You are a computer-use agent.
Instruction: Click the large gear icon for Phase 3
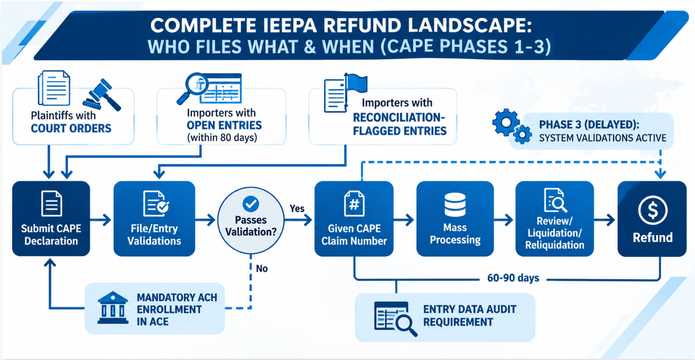pyautogui.click(x=506, y=122)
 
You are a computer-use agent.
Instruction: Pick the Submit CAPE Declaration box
pyautogui.click(x=51, y=219)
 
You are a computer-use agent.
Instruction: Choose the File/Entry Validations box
pyautogui.click(x=154, y=219)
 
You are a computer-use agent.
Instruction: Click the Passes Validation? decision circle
pyautogui.click(x=251, y=220)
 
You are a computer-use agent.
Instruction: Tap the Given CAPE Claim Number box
pyautogui.click(x=354, y=219)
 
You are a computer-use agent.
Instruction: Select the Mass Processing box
pyautogui.click(x=455, y=219)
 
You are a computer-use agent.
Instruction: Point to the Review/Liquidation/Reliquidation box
pyautogui.click(x=555, y=219)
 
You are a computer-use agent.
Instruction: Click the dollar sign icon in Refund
pyautogui.click(x=653, y=211)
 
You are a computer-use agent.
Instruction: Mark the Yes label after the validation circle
pyautogui.click(x=297, y=208)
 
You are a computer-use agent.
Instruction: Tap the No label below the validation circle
pyautogui.click(x=262, y=268)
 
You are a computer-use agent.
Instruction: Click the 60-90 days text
pyautogui.click(x=513, y=278)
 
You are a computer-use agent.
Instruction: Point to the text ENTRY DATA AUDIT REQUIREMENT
pyautogui.click(x=470, y=316)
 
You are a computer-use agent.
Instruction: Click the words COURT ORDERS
pyautogui.click(x=71, y=128)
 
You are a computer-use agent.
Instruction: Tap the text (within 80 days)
pyautogui.click(x=222, y=137)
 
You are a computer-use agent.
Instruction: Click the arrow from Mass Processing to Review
pyautogui.click(x=504, y=220)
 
